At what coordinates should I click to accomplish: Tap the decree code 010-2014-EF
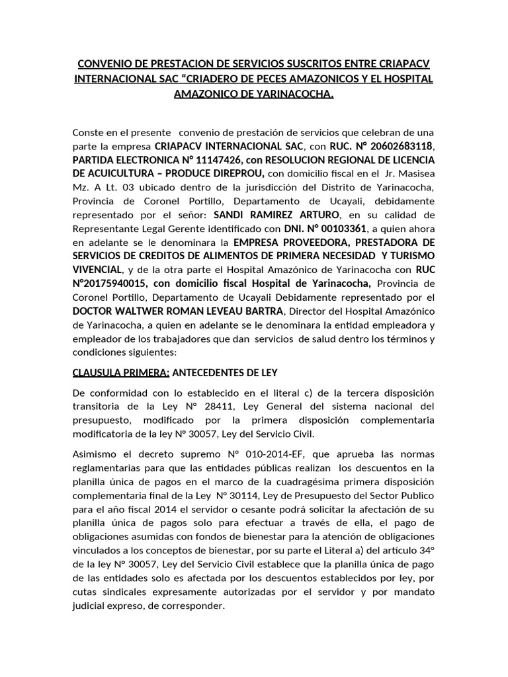point(271,455)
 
